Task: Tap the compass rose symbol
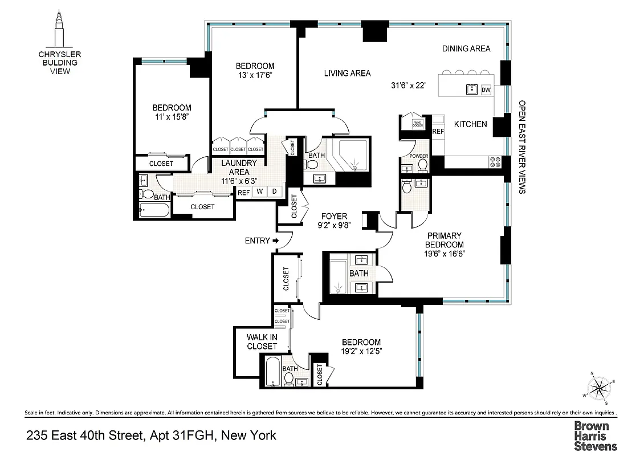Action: (599, 389)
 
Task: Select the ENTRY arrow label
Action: (261, 241)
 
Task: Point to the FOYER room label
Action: (334, 216)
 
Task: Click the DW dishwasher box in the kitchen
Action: (486, 89)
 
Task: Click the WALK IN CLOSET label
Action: (262, 341)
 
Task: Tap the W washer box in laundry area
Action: (259, 192)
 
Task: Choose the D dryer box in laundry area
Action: (274, 192)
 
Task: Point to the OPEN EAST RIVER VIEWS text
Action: (521, 148)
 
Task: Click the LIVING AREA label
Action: (347, 73)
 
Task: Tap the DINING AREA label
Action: (466, 49)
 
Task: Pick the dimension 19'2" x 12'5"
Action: (361, 352)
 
